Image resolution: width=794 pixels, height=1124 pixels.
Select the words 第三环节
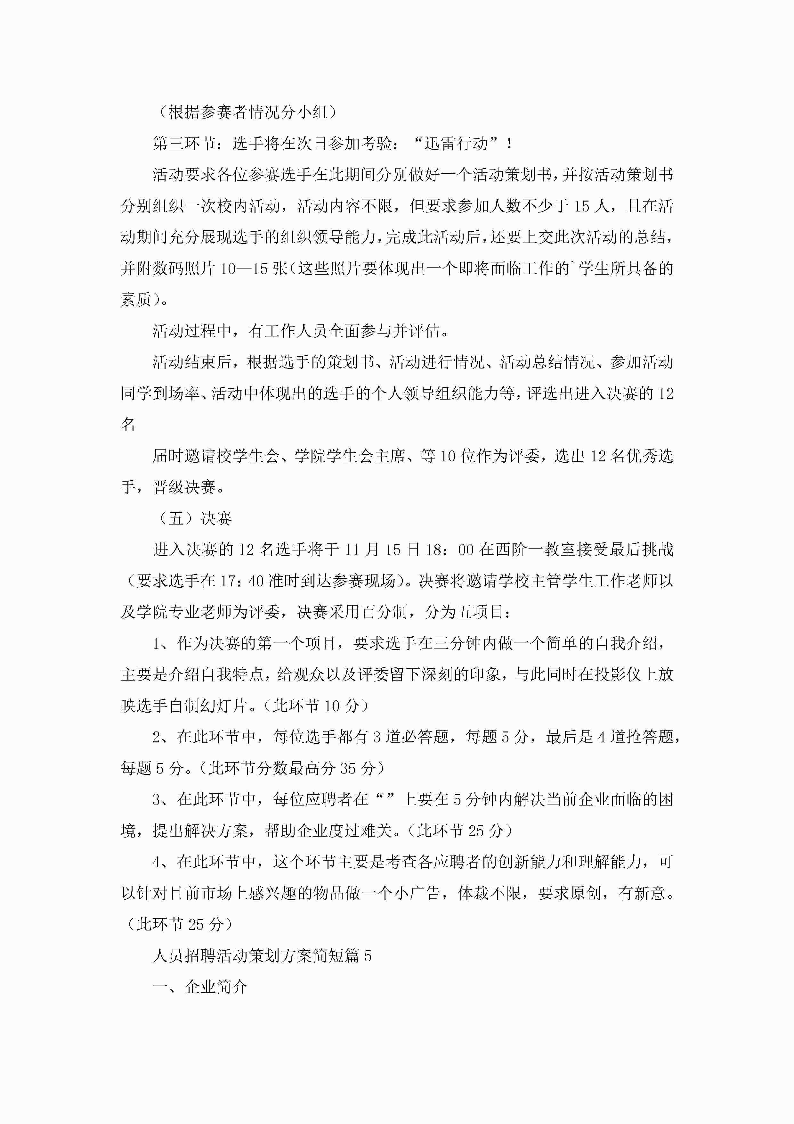(183, 144)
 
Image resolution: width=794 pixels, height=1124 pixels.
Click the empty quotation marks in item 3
(385, 799)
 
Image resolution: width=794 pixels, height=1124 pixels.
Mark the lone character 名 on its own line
(128, 425)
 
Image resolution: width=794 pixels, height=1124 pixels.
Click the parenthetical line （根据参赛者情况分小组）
(247, 112)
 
